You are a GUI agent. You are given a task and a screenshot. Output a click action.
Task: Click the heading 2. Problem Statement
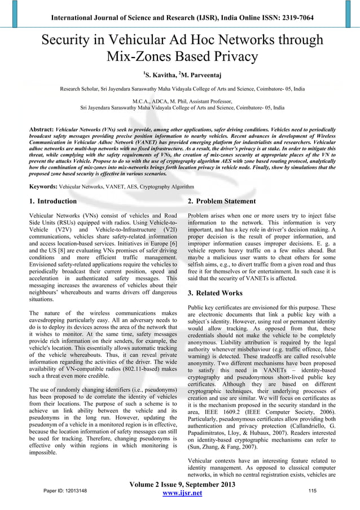tap(222, 202)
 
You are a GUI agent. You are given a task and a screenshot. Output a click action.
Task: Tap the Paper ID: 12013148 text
tap(65, 491)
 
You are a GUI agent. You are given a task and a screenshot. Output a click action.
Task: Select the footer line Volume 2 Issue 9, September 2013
tap(180, 483)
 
